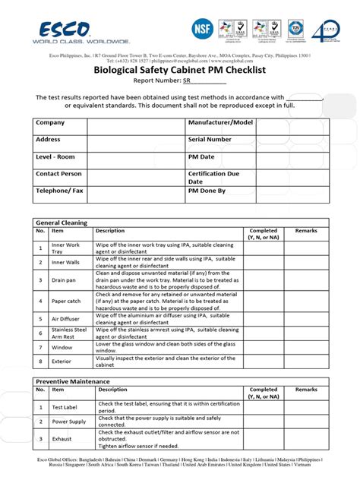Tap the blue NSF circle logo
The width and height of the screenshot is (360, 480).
click(x=203, y=30)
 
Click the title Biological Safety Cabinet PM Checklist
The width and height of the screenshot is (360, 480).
click(x=179, y=68)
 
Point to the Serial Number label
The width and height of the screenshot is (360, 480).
click(x=210, y=140)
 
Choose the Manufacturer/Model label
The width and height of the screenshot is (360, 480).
click(x=220, y=122)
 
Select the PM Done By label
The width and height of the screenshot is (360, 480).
click(x=207, y=191)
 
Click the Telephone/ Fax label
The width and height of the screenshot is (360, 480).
click(x=58, y=191)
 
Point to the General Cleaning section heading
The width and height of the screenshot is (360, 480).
click(x=62, y=223)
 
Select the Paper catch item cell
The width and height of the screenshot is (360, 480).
click(x=65, y=302)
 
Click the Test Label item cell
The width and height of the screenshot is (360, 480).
click(x=65, y=408)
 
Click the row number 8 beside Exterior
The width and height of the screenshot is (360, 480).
click(x=40, y=362)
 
